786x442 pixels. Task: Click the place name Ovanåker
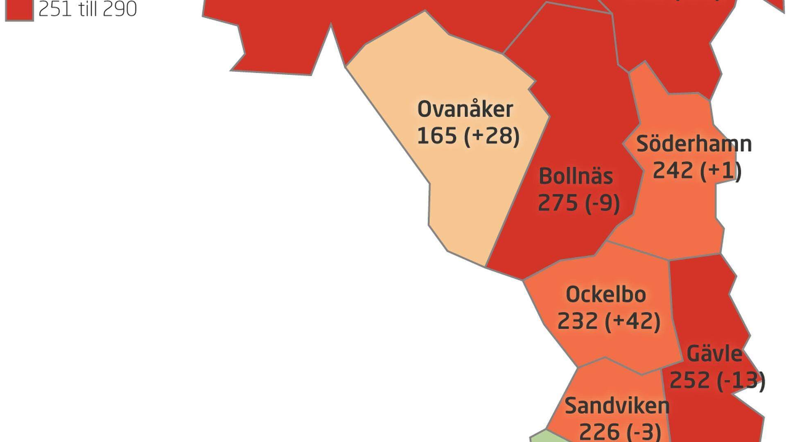tap(465, 109)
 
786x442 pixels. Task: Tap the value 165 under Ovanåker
tap(436, 135)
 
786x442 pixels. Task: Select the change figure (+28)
tap(492, 136)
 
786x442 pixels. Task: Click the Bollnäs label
tap(576, 177)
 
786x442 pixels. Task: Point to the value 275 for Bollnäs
tap(557, 203)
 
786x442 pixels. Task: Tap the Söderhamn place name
tap(694, 144)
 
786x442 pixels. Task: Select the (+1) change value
tap(721, 171)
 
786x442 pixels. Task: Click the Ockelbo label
tap(606, 295)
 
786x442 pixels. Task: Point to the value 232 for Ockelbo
tap(577, 321)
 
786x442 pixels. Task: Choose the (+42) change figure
tap(633, 321)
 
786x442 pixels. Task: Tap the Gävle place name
tap(714, 354)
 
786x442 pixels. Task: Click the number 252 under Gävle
tap(689, 380)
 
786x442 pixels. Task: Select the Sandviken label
tap(617, 406)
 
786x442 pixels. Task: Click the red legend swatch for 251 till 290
tap(19, 9)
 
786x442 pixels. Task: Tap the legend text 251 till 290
tap(87, 9)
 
